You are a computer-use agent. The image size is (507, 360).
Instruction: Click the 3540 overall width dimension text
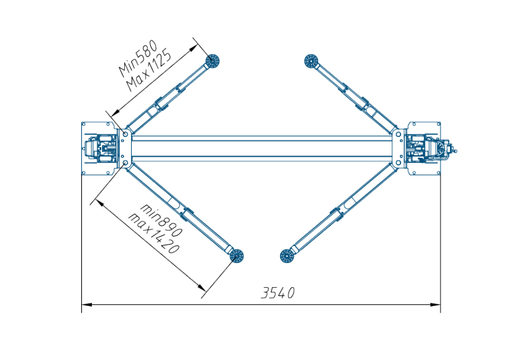[278, 293]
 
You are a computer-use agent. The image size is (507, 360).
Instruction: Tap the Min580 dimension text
[138, 58]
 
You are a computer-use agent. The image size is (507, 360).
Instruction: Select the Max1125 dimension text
[149, 70]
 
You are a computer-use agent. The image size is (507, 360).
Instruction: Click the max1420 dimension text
[153, 233]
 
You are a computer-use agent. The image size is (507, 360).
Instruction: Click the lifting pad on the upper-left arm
[213, 60]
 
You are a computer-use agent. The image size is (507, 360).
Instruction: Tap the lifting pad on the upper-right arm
[311, 61]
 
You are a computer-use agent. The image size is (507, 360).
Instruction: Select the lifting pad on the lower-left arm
[236, 256]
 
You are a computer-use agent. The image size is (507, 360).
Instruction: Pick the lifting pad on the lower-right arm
[286, 256]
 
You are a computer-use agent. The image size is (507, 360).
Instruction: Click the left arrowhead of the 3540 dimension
[87, 304]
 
